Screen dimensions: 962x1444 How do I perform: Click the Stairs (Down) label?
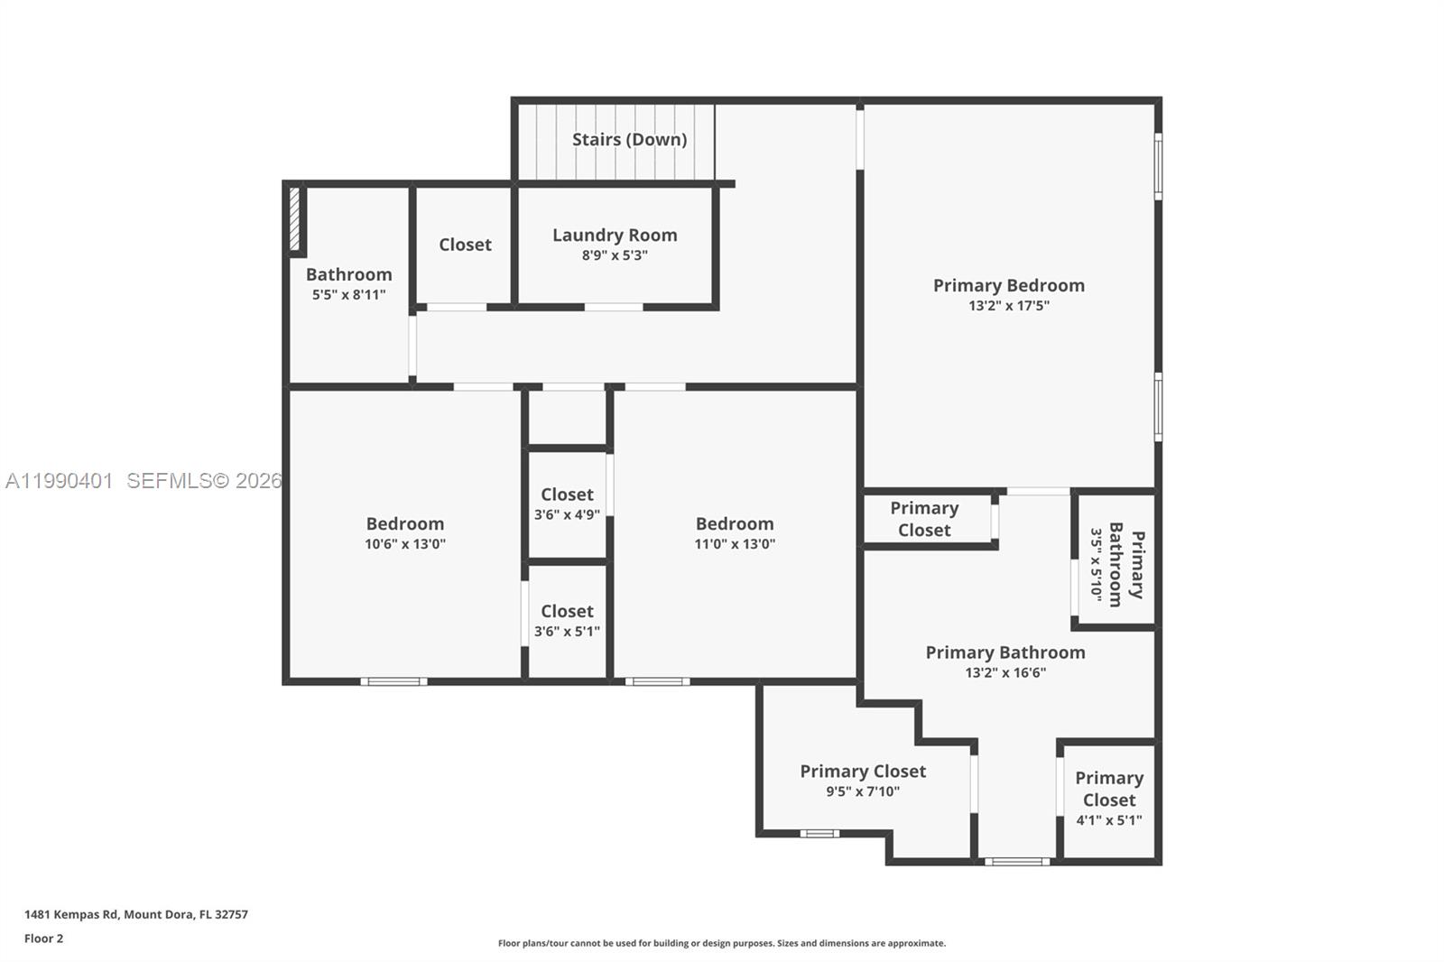click(629, 140)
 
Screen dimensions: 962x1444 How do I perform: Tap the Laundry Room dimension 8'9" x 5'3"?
click(615, 255)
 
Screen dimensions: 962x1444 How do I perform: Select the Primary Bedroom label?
click(1008, 285)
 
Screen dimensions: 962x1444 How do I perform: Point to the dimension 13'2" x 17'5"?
click(1008, 306)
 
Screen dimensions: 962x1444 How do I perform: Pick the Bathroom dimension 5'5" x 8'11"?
click(348, 295)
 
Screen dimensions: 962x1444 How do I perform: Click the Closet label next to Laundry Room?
click(465, 245)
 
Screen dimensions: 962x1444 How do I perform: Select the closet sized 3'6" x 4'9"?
click(567, 504)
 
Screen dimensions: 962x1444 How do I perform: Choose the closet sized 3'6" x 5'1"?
click(567, 620)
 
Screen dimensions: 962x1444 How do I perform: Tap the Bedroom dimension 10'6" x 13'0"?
click(404, 544)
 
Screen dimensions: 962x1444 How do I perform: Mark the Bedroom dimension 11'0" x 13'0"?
click(735, 544)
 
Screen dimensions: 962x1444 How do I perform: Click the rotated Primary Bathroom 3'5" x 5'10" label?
click(1116, 565)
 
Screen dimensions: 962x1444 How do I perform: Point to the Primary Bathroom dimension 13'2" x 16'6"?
click(1004, 673)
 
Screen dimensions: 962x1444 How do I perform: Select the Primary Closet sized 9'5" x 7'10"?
click(863, 781)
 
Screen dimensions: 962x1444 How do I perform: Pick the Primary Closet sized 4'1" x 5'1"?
click(1108, 799)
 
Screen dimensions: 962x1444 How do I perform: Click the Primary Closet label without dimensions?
click(924, 519)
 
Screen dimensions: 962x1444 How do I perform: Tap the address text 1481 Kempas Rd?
click(135, 914)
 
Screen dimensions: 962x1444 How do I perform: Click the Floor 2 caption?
click(43, 939)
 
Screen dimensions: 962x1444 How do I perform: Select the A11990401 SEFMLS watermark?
click(143, 481)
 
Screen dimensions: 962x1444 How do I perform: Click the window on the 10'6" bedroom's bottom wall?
click(394, 681)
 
